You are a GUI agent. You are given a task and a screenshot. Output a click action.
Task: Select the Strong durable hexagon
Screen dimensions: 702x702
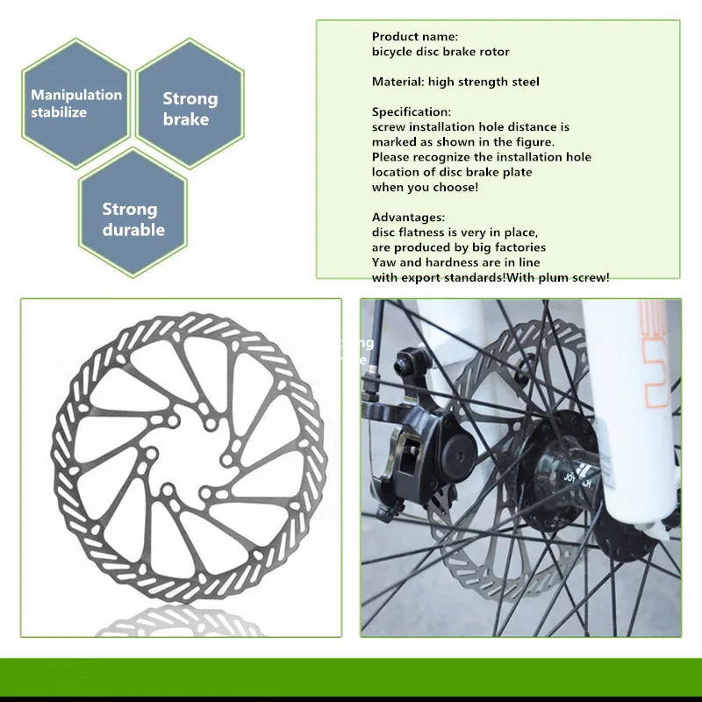tap(133, 218)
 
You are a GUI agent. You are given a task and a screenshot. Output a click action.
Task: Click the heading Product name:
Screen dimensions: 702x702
tap(415, 37)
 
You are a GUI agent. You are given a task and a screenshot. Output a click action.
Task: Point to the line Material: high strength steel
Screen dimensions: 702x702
tap(455, 82)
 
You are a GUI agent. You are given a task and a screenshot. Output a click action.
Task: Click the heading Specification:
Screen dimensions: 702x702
tap(412, 112)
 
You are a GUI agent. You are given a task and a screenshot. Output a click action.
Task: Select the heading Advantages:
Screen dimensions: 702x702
tap(408, 217)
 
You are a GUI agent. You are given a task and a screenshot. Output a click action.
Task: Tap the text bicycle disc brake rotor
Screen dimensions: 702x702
tap(441, 52)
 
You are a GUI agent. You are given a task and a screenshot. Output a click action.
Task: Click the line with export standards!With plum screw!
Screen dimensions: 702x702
tap(491, 276)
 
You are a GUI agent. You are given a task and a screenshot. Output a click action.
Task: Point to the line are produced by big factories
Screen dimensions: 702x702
tap(459, 247)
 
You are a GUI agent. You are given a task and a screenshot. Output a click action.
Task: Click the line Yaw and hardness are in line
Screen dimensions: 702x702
tap(456, 261)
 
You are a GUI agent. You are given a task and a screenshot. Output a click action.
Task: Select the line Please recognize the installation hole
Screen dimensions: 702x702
tap(482, 157)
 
